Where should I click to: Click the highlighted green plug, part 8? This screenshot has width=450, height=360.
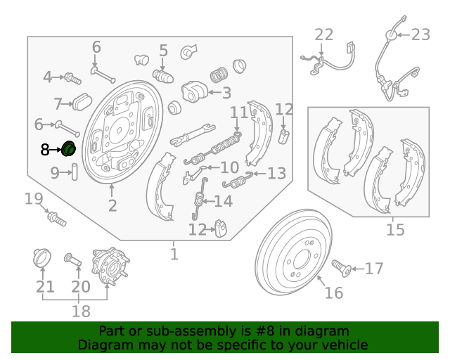tap(70, 149)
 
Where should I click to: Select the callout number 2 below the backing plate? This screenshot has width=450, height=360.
tap(112, 205)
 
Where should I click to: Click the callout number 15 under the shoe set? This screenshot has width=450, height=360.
tap(396, 229)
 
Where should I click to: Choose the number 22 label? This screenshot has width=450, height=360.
tap(323, 34)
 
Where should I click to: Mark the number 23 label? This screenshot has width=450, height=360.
tap(420, 34)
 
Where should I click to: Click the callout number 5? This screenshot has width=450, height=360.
tap(163, 50)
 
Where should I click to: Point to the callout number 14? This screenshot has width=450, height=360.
tap(223, 202)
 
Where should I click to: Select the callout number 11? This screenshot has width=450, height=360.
tap(239, 112)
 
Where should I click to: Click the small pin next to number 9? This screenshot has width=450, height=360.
tap(74, 172)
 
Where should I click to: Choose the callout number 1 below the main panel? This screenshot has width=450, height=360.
tap(174, 254)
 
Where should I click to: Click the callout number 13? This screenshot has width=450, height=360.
tap(276, 173)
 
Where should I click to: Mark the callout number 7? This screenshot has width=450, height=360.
tap(58, 104)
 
